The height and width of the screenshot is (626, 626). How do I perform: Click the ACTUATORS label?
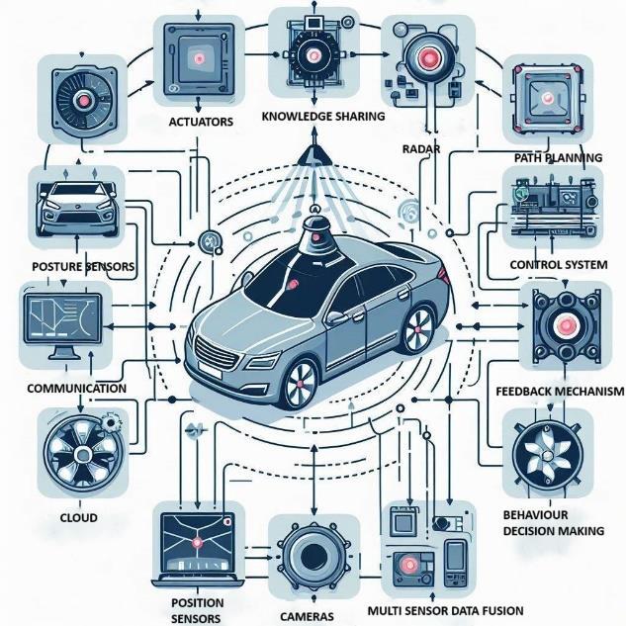point(202,122)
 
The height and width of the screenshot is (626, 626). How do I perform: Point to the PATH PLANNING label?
point(558,157)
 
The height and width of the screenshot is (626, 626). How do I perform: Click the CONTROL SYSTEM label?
point(558,265)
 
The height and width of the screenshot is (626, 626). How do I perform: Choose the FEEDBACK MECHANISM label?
point(559,392)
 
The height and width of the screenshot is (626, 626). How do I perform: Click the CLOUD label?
point(78,516)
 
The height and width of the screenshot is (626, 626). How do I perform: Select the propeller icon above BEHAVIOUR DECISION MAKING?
point(550,453)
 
